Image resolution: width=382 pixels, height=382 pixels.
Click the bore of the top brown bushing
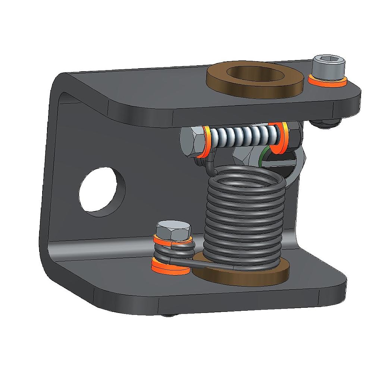(254, 73)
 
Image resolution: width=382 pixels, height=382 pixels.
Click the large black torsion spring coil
(244, 220)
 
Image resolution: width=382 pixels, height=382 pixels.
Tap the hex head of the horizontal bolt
(191, 142)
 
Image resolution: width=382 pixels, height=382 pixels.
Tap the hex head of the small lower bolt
(172, 229)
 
